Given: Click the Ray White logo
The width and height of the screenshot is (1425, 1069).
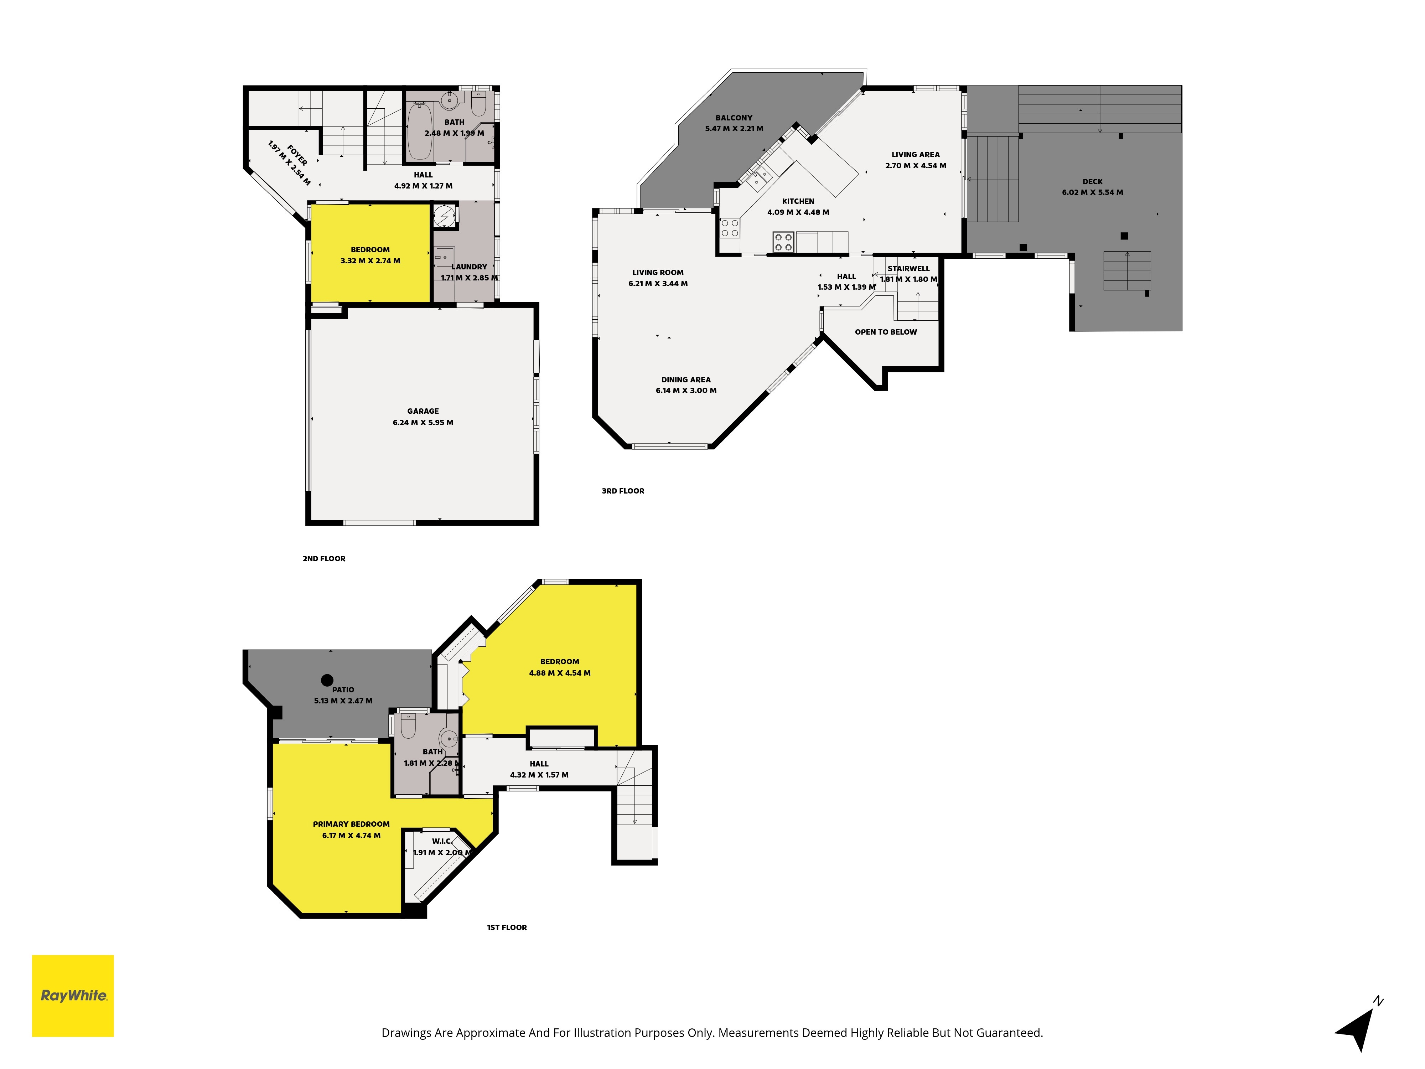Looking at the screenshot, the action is [x=73, y=996].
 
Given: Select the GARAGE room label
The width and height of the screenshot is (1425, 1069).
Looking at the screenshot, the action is [x=423, y=411].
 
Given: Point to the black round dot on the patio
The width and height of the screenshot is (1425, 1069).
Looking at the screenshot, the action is [x=327, y=680].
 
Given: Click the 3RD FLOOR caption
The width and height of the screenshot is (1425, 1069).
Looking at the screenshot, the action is [x=623, y=491].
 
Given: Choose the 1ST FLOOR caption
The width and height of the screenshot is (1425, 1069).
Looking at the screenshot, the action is [x=507, y=927].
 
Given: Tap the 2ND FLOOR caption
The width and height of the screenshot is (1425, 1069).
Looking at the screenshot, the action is [x=324, y=559].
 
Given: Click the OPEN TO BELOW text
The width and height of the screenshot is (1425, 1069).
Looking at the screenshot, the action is [x=886, y=332].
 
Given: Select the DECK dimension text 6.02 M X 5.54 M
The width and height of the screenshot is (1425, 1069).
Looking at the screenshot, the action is [x=1093, y=192].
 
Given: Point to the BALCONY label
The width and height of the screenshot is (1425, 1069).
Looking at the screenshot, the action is [x=734, y=118].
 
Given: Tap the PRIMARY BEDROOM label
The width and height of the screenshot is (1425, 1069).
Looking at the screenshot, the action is [x=351, y=824].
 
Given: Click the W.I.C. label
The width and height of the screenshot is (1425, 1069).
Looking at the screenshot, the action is [x=442, y=841].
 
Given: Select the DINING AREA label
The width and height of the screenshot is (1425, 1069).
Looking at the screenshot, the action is [x=686, y=379].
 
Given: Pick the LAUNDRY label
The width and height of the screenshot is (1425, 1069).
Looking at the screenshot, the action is [x=469, y=267].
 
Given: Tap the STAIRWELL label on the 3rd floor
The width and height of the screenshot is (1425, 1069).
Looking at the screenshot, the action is [x=908, y=269].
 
